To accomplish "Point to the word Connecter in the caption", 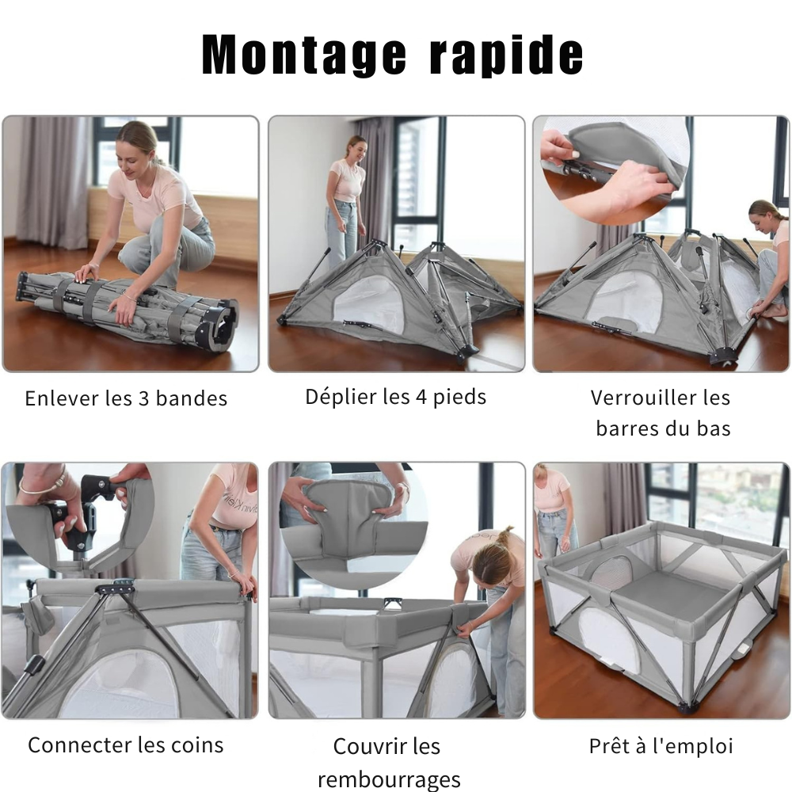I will click(x=80, y=745).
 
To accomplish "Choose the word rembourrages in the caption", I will click(x=388, y=779).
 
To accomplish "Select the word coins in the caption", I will click(x=197, y=745).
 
